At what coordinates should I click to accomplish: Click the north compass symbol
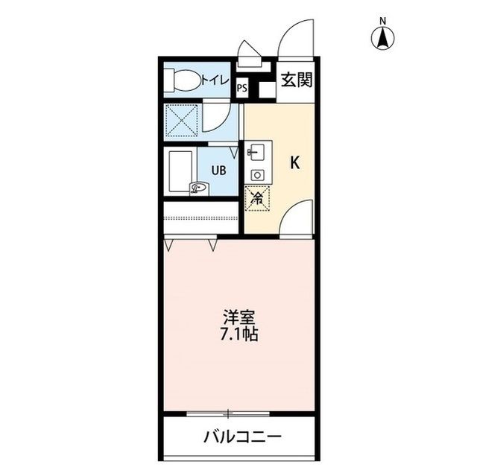pos(384,37)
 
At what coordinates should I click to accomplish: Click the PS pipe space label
pos(241,88)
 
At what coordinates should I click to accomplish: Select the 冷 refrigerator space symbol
pos(256,198)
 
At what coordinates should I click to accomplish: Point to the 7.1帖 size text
pos(238,334)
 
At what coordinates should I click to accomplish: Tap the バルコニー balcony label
pos(243,437)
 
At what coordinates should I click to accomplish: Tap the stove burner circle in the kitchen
pos(256,174)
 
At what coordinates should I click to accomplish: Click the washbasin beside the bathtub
pos(199,188)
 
